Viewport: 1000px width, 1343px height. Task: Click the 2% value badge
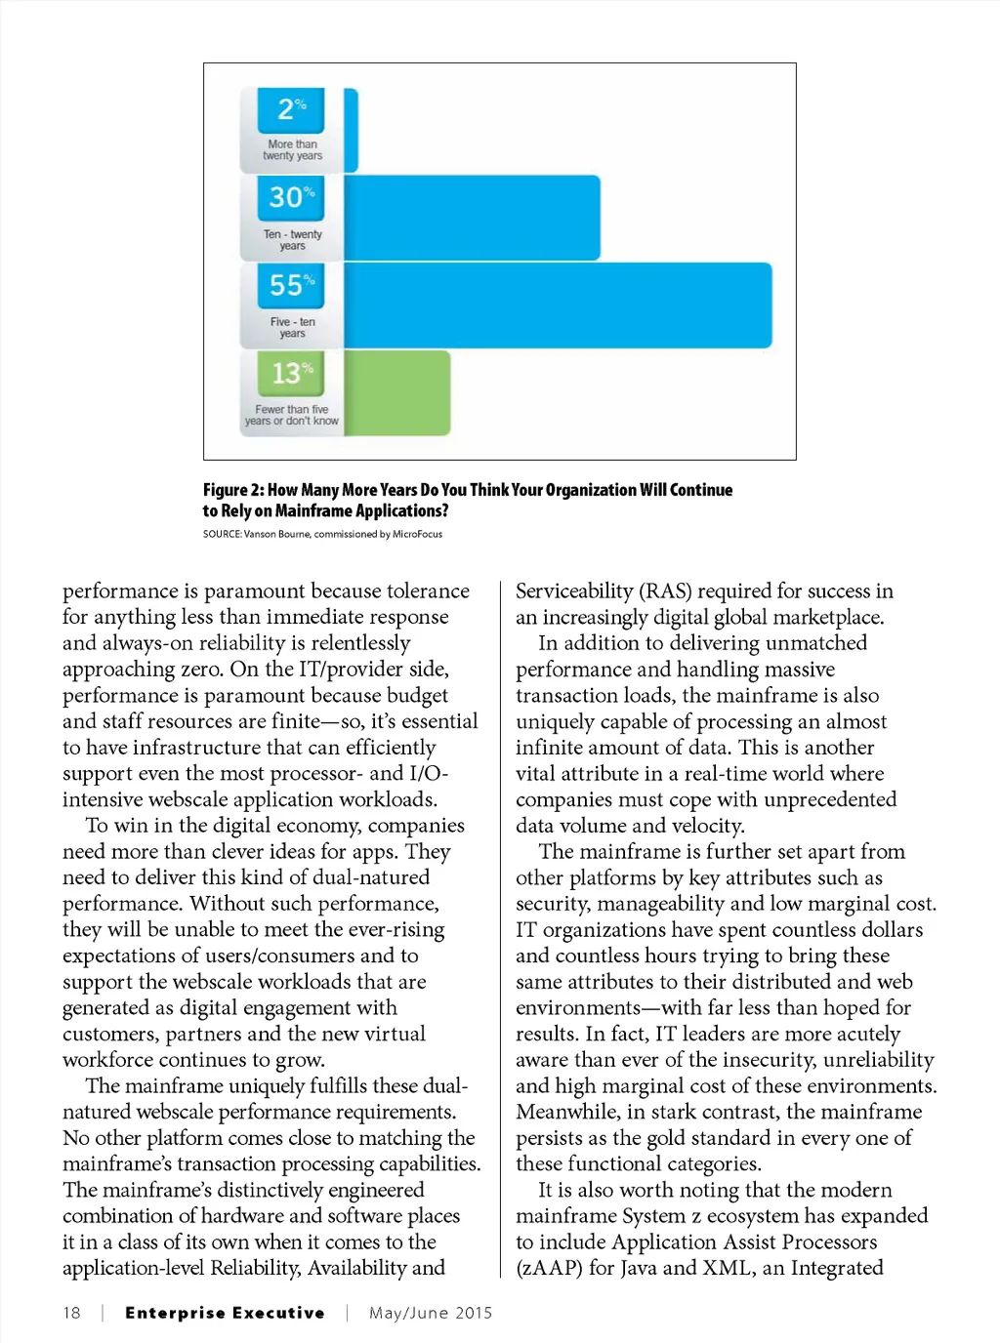coord(291,109)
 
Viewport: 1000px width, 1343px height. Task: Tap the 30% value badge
coord(291,197)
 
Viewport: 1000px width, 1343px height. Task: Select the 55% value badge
coord(291,285)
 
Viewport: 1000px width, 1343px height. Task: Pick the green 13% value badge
coord(291,373)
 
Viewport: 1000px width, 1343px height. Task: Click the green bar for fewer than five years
coord(397,392)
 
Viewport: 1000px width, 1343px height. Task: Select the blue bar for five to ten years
coord(558,305)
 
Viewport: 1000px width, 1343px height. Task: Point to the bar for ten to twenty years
coord(472,217)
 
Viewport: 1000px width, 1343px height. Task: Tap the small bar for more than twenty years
coord(352,130)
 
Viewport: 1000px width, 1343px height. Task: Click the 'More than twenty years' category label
coord(292,149)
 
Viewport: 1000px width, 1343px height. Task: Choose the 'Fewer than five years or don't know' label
coord(291,416)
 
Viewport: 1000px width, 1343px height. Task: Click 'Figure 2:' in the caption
coord(233,490)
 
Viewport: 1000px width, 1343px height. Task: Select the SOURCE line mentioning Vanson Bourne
coord(322,534)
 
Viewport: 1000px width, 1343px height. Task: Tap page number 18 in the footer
coord(72,1313)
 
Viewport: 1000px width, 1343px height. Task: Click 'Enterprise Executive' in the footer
coord(225,1313)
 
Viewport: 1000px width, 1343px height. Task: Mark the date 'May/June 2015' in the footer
coord(431,1313)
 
